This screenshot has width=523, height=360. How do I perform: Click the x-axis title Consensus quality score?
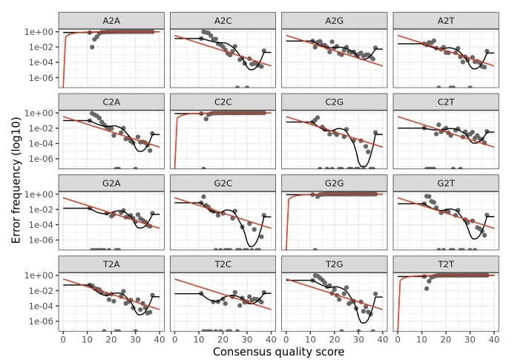click(x=278, y=351)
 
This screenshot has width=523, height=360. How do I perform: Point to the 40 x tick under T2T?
click(x=493, y=338)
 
